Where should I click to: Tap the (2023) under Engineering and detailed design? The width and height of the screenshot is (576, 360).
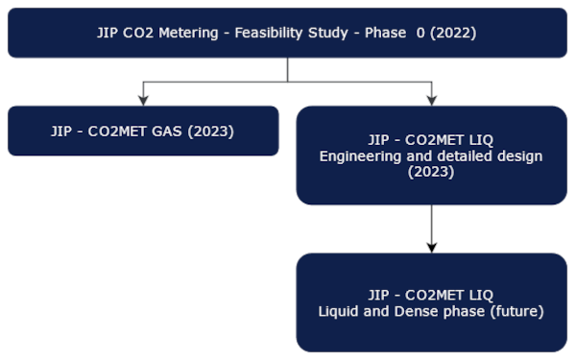point(431,173)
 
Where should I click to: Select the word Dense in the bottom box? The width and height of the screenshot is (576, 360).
point(414,311)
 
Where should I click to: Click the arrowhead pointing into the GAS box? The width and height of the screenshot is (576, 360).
point(143,99)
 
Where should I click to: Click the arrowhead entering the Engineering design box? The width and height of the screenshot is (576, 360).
point(431,99)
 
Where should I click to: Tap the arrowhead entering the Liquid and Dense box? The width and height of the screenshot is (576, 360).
point(431,247)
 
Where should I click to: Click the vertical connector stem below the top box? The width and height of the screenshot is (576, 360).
point(287,69)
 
